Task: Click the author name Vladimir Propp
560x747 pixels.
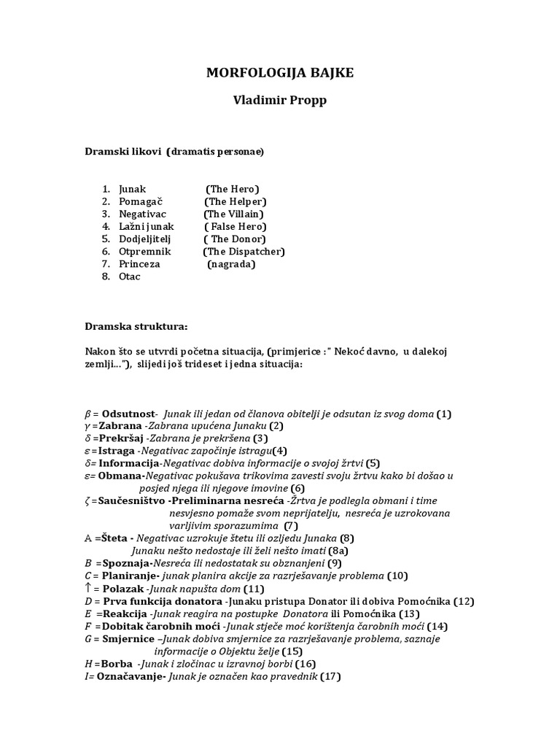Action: (279, 101)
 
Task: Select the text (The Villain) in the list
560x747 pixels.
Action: (233, 214)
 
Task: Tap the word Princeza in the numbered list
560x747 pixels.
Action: (139, 263)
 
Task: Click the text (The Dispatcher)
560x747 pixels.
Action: (244, 251)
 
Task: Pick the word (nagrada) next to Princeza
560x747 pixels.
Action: (231, 263)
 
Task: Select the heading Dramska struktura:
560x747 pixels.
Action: (136, 327)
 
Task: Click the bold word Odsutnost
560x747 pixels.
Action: (129, 414)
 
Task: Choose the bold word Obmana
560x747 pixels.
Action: (122, 475)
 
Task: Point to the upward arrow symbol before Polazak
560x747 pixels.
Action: (87, 588)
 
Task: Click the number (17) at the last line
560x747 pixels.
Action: (330, 676)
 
